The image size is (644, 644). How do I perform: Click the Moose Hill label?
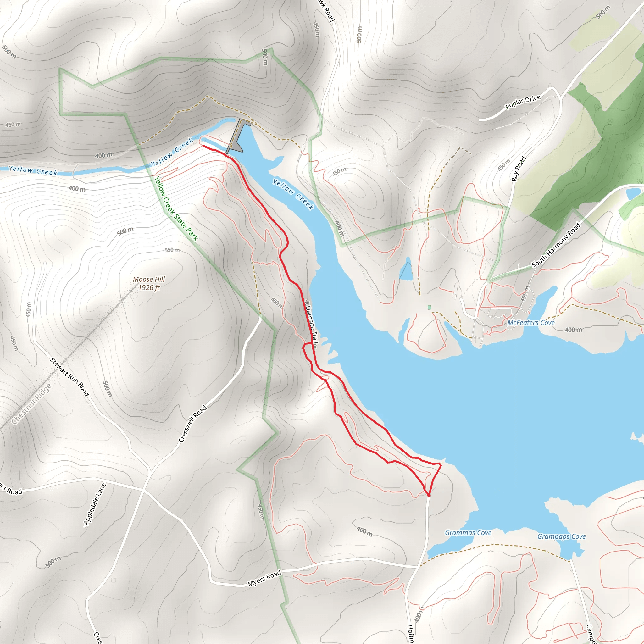149,279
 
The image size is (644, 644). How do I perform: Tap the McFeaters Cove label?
531,323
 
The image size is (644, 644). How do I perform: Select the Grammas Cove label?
468,533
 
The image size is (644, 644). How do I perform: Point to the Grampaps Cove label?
561,536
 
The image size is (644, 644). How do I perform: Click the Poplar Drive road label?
523,102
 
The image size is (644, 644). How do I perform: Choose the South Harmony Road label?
556,245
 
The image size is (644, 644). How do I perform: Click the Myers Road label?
264,578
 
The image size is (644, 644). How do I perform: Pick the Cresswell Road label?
193,424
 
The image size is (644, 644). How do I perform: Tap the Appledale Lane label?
95,504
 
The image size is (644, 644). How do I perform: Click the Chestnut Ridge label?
32,404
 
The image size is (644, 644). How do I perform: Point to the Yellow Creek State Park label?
176,208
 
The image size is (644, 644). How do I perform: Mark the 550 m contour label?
172,250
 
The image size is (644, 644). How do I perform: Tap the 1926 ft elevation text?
149,288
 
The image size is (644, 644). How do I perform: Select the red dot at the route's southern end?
429,495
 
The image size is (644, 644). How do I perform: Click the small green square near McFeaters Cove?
429,307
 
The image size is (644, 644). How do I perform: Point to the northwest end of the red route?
203,146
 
